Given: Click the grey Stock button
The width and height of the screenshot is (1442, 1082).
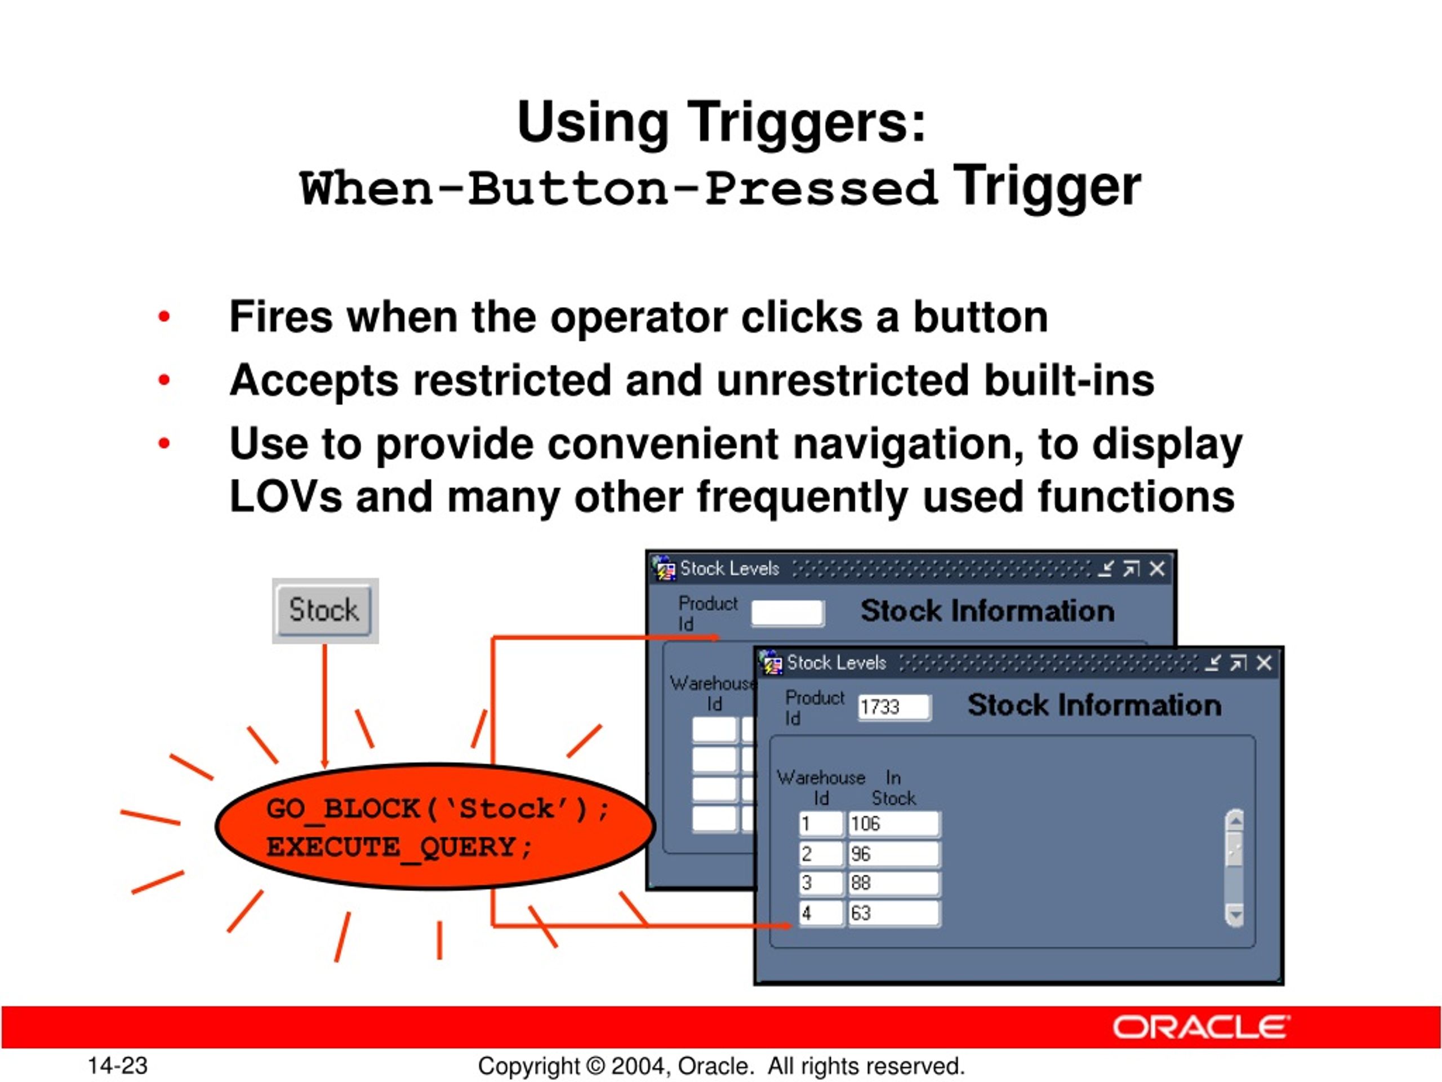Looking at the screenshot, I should tap(324, 610).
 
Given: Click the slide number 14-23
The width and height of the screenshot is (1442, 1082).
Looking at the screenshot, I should tap(118, 1066).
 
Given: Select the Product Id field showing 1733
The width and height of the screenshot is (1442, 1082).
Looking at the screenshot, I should tap(894, 707).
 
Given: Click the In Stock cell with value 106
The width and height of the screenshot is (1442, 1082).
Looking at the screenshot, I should tap(893, 824).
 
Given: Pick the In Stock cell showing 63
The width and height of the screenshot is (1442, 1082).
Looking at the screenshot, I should tap(893, 913).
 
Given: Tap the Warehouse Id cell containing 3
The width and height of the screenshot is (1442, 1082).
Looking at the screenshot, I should tap(821, 883).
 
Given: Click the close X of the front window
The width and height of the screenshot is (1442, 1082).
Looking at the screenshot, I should tap(1263, 663).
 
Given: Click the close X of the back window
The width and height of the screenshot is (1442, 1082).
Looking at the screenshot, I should tap(1156, 569).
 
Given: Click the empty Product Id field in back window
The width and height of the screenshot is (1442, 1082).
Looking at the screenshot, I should tap(787, 613).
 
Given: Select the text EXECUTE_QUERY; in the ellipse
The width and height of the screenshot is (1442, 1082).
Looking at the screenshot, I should tap(399, 847).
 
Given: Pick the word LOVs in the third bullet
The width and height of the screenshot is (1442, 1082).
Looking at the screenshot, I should tap(286, 497).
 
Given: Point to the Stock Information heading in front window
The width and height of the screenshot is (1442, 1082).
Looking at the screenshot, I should tap(1094, 705).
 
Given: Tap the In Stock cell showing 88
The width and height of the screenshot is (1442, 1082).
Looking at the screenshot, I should tap(893, 883).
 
